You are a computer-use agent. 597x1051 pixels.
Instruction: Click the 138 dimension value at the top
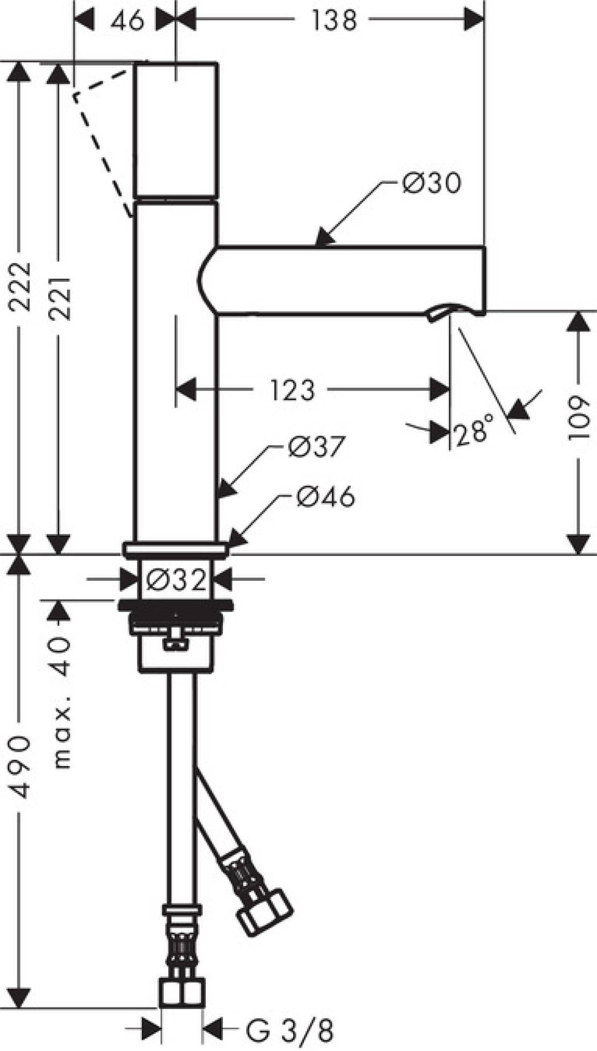(x=334, y=21)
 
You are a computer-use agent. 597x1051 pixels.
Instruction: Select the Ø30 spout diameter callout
(x=432, y=183)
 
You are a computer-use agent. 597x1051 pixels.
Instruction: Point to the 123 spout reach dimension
(x=293, y=389)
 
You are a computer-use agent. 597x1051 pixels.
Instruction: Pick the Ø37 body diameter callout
(x=315, y=447)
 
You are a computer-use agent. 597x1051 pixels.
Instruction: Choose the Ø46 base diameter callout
(x=326, y=496)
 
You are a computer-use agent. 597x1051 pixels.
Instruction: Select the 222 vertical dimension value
(x=20, y=287)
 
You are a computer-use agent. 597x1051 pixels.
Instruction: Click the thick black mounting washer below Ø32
(x=175, y=606)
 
